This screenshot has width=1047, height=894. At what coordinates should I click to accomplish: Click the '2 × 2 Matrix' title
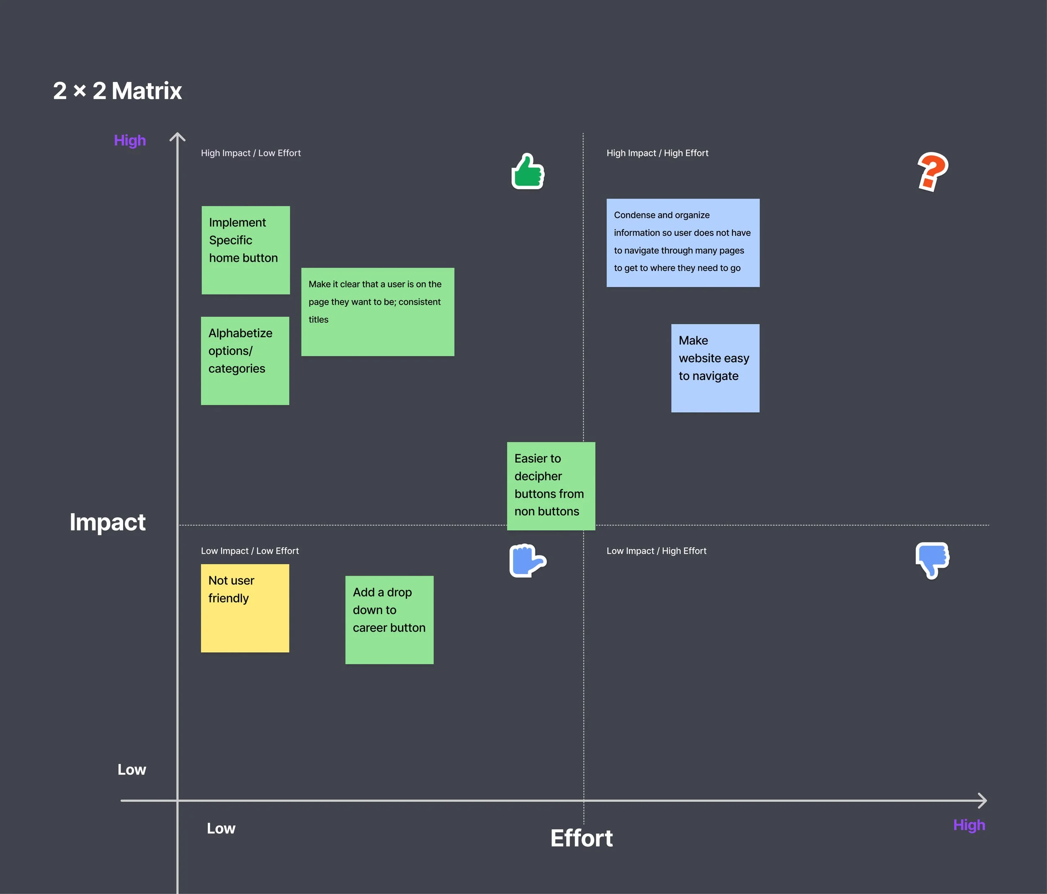pos(117,91)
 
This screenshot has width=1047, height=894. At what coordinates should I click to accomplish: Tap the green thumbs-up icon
pos(528,171)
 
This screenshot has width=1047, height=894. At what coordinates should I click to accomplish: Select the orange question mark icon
pos(932,171)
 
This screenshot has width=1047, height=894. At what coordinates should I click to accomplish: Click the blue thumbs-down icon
pos(932,560)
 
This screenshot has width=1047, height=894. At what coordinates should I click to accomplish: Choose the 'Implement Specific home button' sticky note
pos(245,250)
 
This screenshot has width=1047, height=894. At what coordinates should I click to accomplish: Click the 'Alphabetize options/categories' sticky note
pos(245,361)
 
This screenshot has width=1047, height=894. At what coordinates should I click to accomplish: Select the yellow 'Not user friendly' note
pos(245,608)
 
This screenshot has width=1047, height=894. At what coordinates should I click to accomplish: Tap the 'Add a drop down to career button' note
pos(389,620)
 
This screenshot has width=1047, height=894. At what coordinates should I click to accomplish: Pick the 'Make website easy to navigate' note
pos(715,368)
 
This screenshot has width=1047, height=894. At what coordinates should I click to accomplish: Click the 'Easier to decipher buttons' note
pos(551,486)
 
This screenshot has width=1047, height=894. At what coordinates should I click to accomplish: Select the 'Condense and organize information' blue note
pos(683,243)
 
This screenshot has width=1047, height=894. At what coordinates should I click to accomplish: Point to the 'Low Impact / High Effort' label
pos(656,551)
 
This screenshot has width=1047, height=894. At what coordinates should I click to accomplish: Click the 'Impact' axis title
pos(108,522)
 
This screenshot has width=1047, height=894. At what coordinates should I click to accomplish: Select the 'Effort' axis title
pos(582,838)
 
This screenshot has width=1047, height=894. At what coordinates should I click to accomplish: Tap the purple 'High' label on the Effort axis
pos(969,825)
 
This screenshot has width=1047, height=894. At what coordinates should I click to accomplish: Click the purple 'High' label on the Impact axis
pos(130,140)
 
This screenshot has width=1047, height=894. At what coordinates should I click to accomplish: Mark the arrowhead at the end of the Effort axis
pos(986,801)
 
